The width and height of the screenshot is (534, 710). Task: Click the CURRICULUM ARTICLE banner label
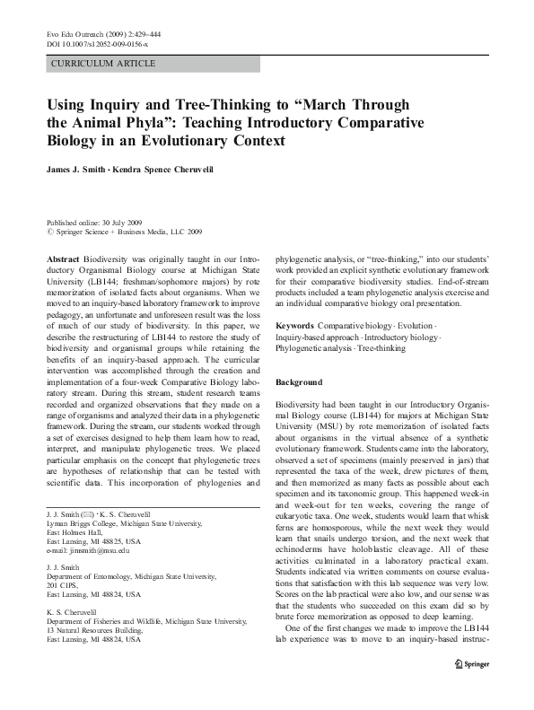click(104, 64)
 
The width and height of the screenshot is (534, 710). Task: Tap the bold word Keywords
click(294, 324)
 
